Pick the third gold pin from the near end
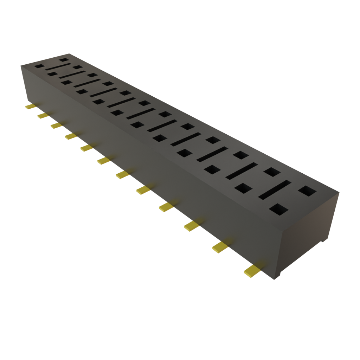coord(191,226)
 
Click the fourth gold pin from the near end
coord(166,207)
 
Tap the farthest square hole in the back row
coord(64,60)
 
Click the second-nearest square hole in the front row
coord(242,187)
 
